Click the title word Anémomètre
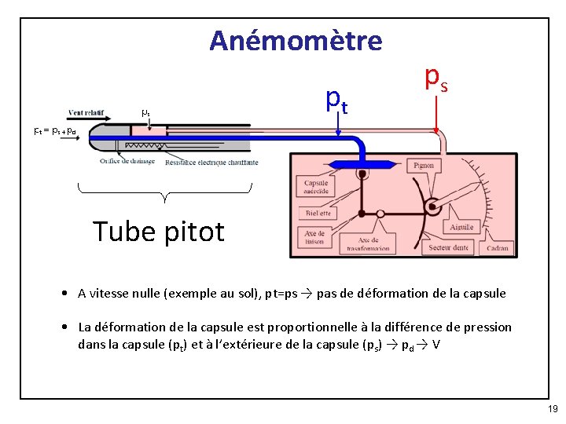pyautogui.click(x=296, y=40)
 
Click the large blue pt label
pyautogui.click(x=337, y=99)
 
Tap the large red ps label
pyautogui.click(x=436, y=77)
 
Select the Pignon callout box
pyautogui.click(x=423, y=166)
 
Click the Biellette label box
pyautogui.click(x=316, y=213)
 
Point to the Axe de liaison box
pyautogui.click(x=314, y=236)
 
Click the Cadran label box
pyautogui.click(x=497, y=247)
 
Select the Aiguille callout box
pyautogui.click(x=462, y=227)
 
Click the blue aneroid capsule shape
pyautogui.click(x=361, y=165)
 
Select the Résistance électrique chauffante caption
pyautogui.click(x=211, y=163)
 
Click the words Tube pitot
pyautogui.click(x=159, y=231)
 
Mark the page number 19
pyautogui.click(x=553, y=409)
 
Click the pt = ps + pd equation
pyautogui.click(x=55, y=131)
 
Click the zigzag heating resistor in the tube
pyautogui.click(x=141, y=144)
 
